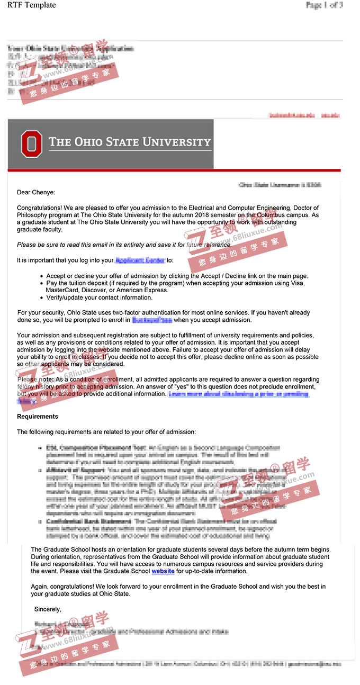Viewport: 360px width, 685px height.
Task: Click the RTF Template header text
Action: pyautogui.click(x=31, y=5)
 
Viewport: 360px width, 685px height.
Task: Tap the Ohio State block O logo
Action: pyautogui.click(x=31, y=144)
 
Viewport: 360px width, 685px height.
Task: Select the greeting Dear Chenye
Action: pyautogui.click(x=36, y=193)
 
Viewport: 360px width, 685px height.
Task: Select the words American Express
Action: pyautogui.click(x=143, y=290)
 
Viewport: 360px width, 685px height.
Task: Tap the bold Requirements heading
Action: pyautogui.click(x=38, y=417)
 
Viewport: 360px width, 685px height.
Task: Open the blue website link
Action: pyautogui.click(x=163, y=571)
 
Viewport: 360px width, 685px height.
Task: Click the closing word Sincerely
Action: pyautogui.click(x=48, y=609)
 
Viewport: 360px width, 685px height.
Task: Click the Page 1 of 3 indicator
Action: pyautogui.click(x=324, y=5)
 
